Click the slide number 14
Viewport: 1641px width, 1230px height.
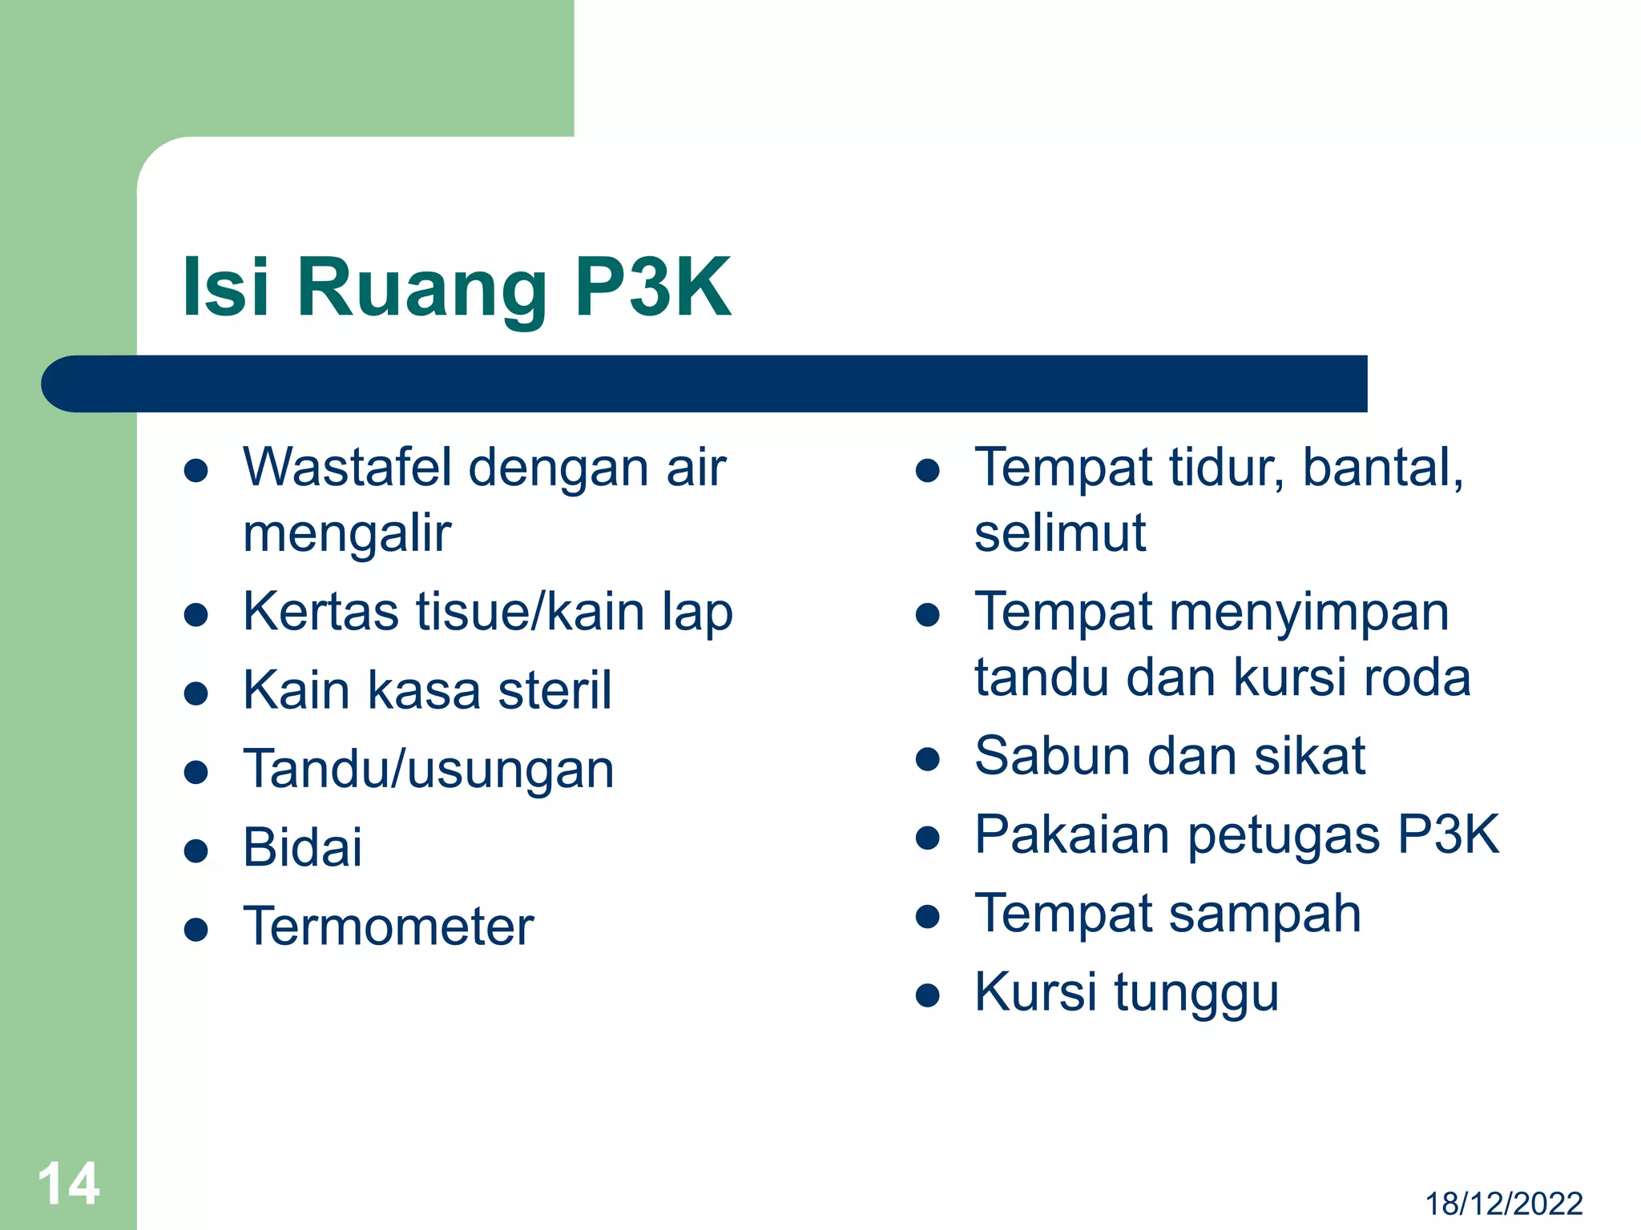point(69,1184)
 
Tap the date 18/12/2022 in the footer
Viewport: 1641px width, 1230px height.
point(1503,1204)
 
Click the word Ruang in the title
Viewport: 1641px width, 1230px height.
point(421,287)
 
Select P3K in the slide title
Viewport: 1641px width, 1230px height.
point(653,287)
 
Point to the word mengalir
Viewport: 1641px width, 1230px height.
point(347,535)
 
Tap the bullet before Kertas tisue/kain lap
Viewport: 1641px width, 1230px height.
point(196,615)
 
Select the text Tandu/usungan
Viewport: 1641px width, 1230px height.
point(429,770)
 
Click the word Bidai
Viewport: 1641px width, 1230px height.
point(302,847)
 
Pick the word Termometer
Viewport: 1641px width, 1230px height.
point(388,927)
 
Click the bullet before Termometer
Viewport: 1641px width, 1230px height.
point(196,930)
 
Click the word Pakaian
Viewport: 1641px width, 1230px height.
point(1072,834)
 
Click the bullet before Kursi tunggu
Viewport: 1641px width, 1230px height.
point(927,995)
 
